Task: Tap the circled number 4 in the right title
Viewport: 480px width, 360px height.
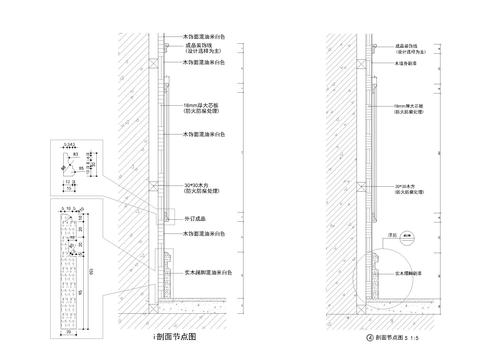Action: [370, 338]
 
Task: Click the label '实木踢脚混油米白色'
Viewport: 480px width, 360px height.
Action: [209, 271]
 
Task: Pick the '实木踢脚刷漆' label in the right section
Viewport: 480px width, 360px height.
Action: [409, 270]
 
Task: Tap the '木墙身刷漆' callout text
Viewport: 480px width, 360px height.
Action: [408, 62]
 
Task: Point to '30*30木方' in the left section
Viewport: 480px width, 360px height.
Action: [199, 186]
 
